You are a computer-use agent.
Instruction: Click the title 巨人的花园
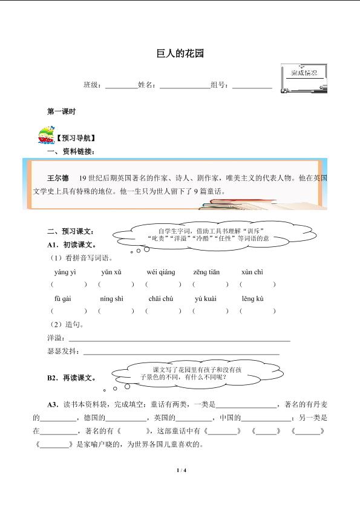(x=180, y=54)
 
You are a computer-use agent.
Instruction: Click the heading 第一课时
(x=61, y=112)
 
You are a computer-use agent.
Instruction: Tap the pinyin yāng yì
(x=65, y=272)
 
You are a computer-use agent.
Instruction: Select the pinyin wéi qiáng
(x=160, y=272)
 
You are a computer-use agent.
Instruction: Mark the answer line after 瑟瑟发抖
(x=181, y=352)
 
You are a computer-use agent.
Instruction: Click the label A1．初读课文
(x=71, y=245)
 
